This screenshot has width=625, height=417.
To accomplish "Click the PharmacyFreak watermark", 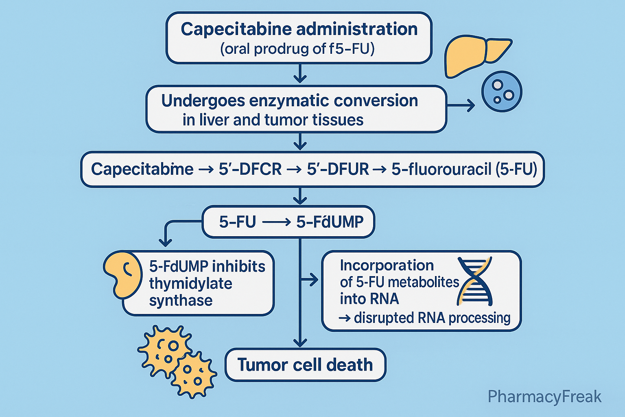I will coord(544,396).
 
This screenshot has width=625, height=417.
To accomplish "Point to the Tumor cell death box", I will coord(305,364).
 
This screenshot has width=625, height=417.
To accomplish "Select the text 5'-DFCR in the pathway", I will coord(250,169).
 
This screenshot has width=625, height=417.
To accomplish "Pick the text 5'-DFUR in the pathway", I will coord(338,169).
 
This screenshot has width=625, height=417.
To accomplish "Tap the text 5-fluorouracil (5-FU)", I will coord(464,169).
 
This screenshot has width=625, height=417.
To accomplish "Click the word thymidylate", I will coord(190,283).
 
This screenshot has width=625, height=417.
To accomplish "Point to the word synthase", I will coord(181,301).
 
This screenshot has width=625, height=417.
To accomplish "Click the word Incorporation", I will coord(387,266).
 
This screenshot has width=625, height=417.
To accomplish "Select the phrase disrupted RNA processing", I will coord(432,318).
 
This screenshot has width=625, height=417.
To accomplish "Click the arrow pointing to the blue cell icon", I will coord(462,106).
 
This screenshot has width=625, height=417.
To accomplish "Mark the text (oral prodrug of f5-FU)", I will coord(297,49).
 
